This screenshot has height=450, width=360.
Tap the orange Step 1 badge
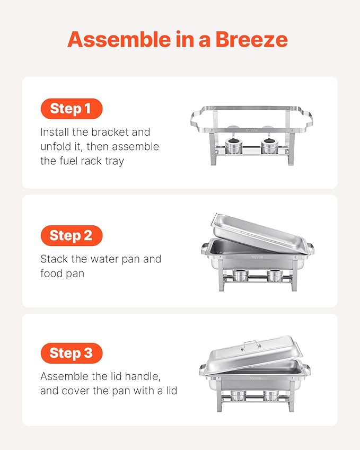pos(71,109)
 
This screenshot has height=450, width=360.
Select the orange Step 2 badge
pos(71,235)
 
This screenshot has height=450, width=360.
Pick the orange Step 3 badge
pos(71,352)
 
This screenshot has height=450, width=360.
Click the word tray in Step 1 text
pos(113,161)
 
